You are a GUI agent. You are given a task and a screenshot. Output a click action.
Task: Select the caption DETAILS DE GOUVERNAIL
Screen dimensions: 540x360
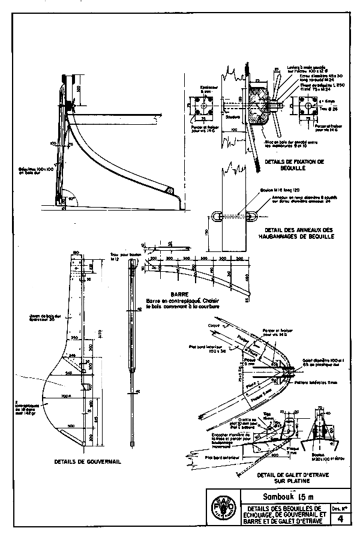coord(85,462)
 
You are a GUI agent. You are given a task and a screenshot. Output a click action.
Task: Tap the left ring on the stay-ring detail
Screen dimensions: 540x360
coord(217,217)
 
